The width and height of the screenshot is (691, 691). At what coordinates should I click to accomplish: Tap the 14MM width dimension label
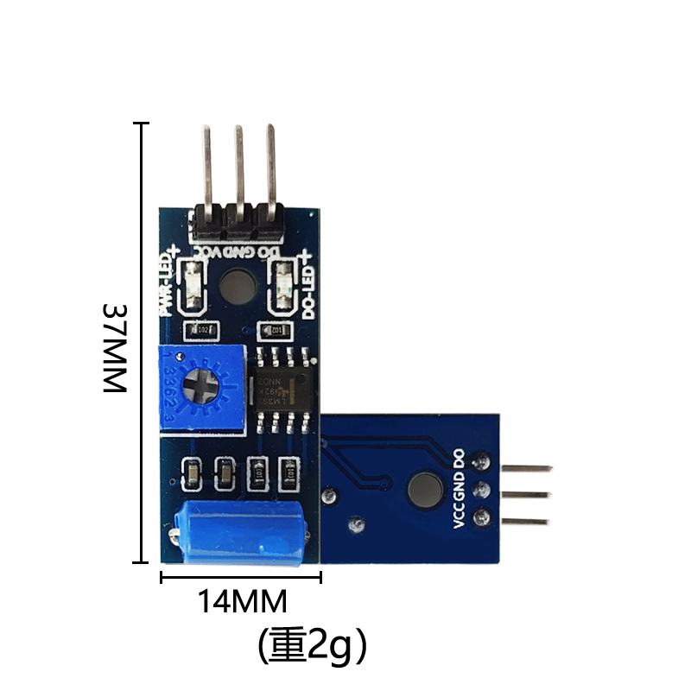pos(243,600)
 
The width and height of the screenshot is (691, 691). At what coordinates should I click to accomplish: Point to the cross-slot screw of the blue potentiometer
pos(204,384)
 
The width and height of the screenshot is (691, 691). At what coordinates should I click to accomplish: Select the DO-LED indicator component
pos(284,287)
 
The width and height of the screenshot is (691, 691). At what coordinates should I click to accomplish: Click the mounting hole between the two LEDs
pos(238,285)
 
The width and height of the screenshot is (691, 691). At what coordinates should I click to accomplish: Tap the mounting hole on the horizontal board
pos(425,488)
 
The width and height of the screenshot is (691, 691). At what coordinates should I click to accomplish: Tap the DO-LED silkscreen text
pos(307,286)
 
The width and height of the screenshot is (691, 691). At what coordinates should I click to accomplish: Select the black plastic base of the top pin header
pos(238,222)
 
